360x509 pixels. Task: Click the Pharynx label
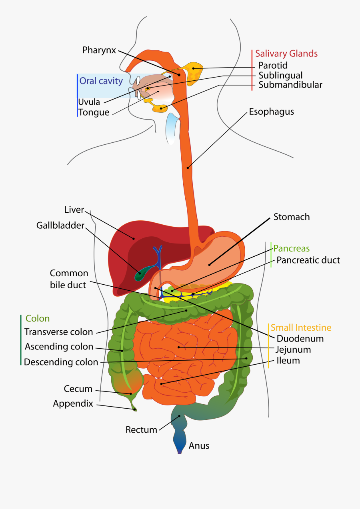pyautogui.click(x=99, y=50)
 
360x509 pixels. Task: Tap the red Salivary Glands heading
pyautogui.click(x=286, y=54)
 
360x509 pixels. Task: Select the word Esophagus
pyautogui.click(x=271, y=112)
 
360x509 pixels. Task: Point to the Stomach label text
pyautogui.click(x=292, y=217)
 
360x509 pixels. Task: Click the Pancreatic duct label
pyautogui.click(x=308, y=260)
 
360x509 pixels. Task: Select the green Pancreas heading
pyautogui.click(x=291, y=249)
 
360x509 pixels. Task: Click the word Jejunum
pyautogui.click(x=293, y=349)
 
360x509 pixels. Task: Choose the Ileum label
pyautogui.click(x=288, y=361)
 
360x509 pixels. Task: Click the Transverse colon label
pyautogui.click(x=58, y=332)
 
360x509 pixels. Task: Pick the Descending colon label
pyautogui.click(x=61, y=362)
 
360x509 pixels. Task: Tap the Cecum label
pyautogui.click(x=78, y=389)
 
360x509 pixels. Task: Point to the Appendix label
pyautogui.click(x=73, y=404)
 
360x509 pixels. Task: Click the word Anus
pyautogui.click(x=199, y=445)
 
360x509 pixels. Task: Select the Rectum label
pyautogui.click(x=141, y=430)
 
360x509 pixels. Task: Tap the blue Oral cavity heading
pyautogui.click(x=101, y=81)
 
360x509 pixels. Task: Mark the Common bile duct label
pyautogui.click(x=69, y=279)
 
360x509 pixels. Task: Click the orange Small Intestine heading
pyautogui.click(x=301, y=328)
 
